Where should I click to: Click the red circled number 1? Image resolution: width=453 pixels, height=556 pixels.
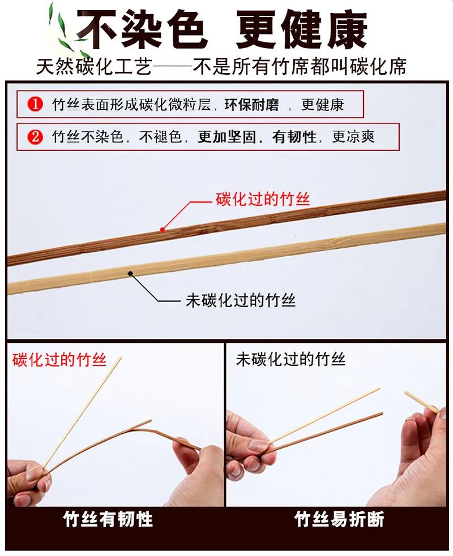(35, 104)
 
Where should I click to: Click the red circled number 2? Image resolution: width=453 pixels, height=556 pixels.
(35, 136)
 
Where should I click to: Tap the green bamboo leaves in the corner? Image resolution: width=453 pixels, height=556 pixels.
(64, 28)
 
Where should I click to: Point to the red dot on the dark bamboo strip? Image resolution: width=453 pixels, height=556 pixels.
(163, 230)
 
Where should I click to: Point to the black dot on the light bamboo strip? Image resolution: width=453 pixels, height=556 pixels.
(130, 273)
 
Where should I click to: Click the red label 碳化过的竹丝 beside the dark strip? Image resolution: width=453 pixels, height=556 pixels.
(263, 199)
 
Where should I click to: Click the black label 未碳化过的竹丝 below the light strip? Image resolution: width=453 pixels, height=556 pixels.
(241, 300)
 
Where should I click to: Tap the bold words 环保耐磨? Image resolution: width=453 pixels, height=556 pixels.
(252, 105)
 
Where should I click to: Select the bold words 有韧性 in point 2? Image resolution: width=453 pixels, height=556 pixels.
(294, 136)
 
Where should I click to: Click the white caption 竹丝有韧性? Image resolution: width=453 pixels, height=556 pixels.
(108, 519)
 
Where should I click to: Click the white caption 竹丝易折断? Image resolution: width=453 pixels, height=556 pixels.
(339, 519)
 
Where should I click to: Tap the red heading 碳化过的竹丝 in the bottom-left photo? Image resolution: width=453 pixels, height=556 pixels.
(59, 360)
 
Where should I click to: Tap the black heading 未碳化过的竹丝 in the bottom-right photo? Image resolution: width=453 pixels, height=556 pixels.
(290, 359)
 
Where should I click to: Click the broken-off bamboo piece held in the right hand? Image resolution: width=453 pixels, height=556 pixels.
(422, 402)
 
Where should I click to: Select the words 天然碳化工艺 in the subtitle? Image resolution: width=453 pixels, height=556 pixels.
(94, 66)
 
